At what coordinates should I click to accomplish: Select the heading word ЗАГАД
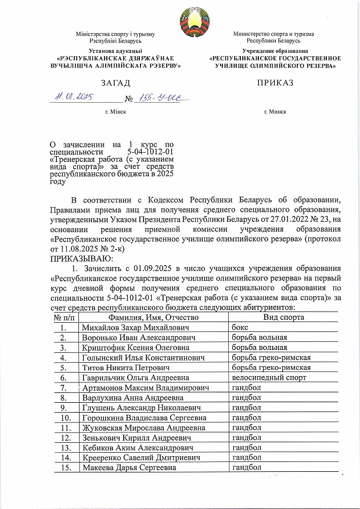pos(115,84)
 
